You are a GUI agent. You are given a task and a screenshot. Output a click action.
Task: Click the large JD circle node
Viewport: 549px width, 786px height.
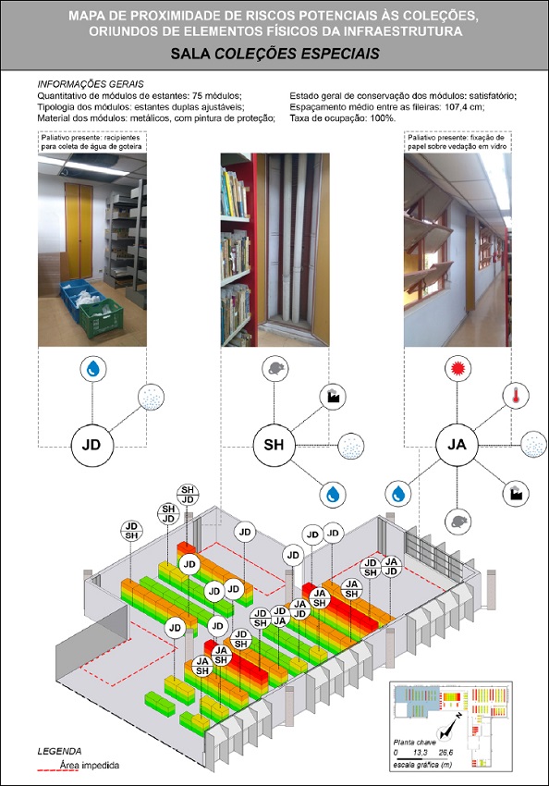click(91, 445)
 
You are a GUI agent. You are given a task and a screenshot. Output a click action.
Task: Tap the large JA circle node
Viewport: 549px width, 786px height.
click(456, 445)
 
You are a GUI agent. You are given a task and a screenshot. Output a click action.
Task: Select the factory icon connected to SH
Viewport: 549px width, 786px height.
click(328, 396)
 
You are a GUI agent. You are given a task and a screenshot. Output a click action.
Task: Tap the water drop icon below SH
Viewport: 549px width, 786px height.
click(332, 493)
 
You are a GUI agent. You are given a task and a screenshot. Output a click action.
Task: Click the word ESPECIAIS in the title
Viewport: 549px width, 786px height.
click(331, 54)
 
